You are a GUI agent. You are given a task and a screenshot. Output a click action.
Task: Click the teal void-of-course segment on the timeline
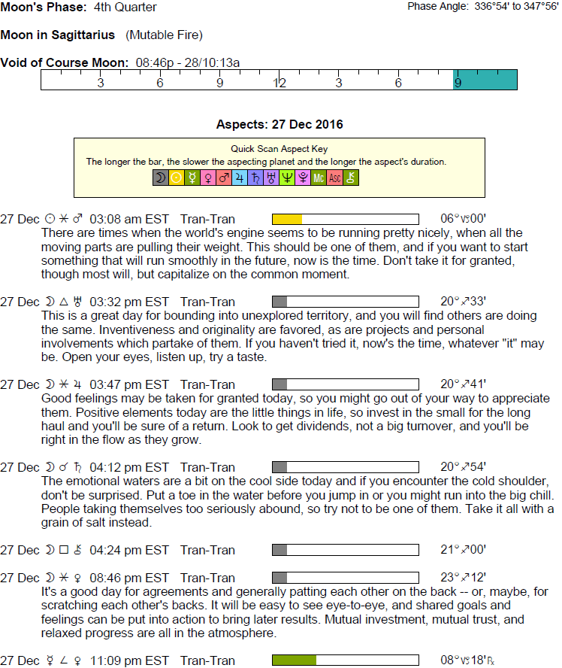(485, 80)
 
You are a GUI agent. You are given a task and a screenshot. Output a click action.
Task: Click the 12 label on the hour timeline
(279, 83)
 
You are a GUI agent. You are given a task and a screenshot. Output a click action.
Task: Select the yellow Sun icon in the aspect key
(177, 178)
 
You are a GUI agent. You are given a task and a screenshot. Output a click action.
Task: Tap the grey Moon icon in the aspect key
(160, 178)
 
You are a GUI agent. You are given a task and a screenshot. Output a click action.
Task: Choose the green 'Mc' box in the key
(319, 178)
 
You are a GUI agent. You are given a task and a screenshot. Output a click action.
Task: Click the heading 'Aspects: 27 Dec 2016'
(279, 124)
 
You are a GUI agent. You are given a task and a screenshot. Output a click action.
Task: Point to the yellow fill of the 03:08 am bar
(286, 219)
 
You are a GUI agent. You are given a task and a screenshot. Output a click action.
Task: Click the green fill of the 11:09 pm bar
(294, 660)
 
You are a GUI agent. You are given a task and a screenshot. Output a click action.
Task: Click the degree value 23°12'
(463, 578)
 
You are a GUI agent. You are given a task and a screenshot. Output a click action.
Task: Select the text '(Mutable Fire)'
(165, 35)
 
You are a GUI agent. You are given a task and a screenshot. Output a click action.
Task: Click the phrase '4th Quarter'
(125, 8)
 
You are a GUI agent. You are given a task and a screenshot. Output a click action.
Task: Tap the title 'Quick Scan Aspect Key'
(279, 149)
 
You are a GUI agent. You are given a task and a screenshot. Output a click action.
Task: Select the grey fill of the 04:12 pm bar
(279, 467)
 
